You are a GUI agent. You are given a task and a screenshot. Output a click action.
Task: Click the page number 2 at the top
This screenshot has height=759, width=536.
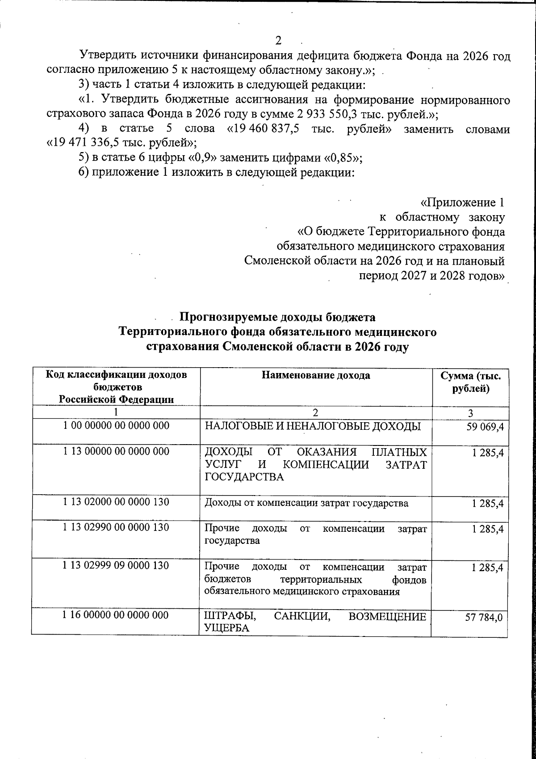pos(278,41)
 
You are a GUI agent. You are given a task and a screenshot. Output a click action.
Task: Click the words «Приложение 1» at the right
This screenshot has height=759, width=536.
pos(463,203)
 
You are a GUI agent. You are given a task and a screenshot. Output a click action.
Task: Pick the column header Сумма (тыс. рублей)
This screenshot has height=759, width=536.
pos(471,382)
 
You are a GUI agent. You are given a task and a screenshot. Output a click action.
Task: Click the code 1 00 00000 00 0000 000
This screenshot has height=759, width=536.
pos(116,426)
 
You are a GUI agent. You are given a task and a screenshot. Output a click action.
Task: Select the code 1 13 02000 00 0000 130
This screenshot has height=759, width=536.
pos(116,502)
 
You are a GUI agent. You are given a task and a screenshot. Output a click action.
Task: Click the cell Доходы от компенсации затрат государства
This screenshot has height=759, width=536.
pos(306,503)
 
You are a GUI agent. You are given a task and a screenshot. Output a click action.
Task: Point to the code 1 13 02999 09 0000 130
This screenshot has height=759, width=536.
pos(116,566)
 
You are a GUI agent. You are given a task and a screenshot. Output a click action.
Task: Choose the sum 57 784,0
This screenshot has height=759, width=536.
pos(485,618)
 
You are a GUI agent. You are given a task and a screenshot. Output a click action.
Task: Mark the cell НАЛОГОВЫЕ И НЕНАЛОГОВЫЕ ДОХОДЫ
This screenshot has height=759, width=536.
pos(312,426)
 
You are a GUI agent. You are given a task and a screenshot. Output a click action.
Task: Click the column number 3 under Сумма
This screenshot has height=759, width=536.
pos(470,412)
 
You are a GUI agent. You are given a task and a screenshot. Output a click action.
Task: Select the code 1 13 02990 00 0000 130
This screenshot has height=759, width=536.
pos(116,528)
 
